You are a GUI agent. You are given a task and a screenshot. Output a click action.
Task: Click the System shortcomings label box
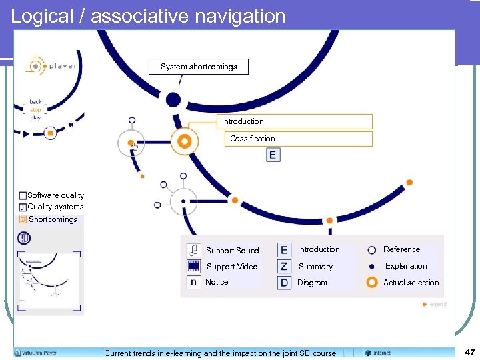click(199, 67)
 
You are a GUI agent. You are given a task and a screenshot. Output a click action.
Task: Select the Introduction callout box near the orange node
click(297, 121)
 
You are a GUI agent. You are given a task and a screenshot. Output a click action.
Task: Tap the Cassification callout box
click(297, 139)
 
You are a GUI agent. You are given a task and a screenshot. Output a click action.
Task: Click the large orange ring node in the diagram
click(184, 141)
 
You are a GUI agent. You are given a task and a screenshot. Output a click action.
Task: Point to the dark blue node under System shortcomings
click(173, 100)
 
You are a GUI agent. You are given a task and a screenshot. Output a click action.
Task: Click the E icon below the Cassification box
click(272, 155)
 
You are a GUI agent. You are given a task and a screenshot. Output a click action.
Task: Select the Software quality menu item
click(55, 195)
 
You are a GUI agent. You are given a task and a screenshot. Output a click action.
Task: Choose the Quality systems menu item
click(55, 207)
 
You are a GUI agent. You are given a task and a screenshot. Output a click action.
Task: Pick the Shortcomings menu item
click(53, 219)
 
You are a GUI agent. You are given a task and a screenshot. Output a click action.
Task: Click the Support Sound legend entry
click(232, 251)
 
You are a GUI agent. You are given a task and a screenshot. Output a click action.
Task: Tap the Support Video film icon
click(193, 266)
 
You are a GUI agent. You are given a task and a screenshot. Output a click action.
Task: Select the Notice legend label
click(217, 282)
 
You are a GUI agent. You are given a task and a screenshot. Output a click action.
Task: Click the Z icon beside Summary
click(284, 266)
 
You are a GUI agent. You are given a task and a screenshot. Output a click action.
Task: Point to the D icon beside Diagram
click(284, 282)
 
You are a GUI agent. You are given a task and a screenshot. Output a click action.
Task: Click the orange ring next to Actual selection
click(372, 282)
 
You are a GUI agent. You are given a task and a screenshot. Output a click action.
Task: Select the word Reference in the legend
click(401, 249)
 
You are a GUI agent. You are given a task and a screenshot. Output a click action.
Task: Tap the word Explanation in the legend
click(406, 266)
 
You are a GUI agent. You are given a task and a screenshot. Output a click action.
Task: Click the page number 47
click(469, 351)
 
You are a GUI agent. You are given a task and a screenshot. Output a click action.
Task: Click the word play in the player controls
click(35, 117)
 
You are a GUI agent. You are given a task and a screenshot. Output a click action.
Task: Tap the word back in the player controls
click(35, 102)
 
